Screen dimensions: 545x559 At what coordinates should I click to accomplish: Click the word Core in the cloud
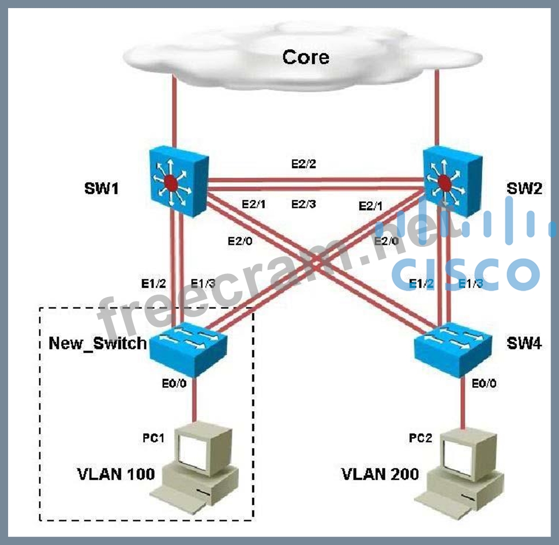(305, 57)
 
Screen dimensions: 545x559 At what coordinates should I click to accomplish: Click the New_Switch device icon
(187, 347)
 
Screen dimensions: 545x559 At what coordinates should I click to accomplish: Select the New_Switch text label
(97, 344)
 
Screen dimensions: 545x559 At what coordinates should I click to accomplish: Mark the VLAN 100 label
(117, 474)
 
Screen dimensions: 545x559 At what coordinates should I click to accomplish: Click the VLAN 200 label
(380, 474)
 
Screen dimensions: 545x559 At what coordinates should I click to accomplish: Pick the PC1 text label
(153, 438)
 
